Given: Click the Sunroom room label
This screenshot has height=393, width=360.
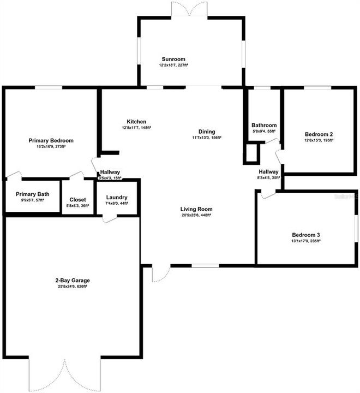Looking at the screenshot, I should tap(174, 59).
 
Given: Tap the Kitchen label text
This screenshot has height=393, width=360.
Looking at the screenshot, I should tap(136, 121).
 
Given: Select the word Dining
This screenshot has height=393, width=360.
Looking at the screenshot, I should tap(207, 132).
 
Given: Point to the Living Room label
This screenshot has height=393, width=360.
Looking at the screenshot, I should tap(197, 209).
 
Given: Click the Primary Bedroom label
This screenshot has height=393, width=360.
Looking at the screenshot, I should tap(51, 140).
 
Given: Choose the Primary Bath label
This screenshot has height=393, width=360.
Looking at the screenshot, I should tap(33, 194).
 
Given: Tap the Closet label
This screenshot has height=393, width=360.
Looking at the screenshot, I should tap(77, 200).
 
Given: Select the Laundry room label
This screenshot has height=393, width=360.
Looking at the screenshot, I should tap(117, 198).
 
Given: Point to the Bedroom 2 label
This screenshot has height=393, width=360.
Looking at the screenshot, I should tap(319, 134).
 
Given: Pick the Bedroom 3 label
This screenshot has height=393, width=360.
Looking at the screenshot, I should tap(305, 235).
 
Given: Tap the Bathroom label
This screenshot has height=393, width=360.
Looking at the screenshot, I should tap(264, 126).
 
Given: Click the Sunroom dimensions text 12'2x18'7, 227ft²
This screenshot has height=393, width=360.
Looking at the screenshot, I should tap(174, 65).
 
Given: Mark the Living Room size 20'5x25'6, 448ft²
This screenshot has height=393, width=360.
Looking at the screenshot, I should tap(197, 215).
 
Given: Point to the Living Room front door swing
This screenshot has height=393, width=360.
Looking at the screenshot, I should tap(161, 273).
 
